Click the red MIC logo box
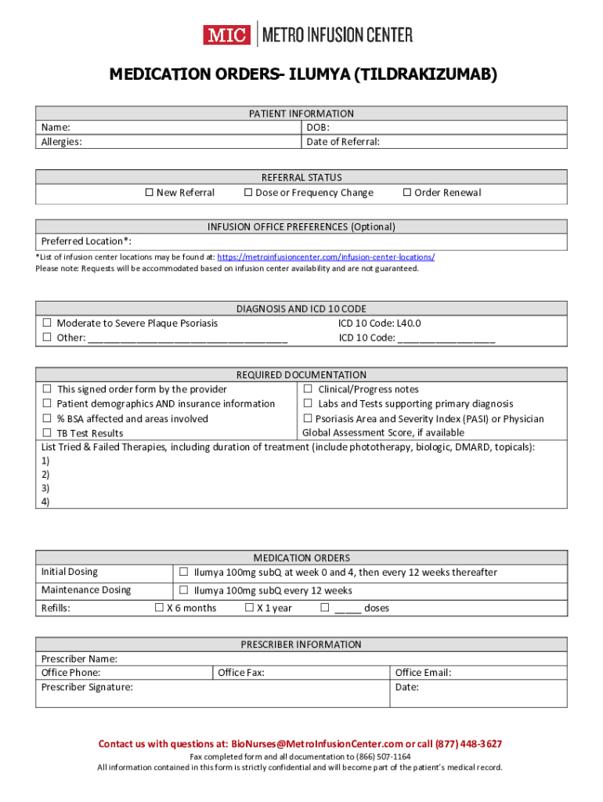click(226, 35)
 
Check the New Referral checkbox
click(149, 193)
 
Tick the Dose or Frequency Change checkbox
click(247, 193)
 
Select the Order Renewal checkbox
click(406, 193)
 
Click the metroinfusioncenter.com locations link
click(326, 257)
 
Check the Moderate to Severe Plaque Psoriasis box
click(47, 323)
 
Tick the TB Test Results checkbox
click(47, 433)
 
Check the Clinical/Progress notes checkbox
click(309, 389)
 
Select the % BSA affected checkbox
click(47, 418)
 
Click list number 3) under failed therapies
click(45, 488)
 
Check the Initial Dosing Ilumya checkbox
click(183, 572)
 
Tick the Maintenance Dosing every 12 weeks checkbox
click(183, 591)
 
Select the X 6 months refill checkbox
click(159, 608)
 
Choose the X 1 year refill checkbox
click(249, 608)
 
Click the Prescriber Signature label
click(87, 687)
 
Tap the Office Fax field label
click(241, 672)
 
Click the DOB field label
click(317, 127)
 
